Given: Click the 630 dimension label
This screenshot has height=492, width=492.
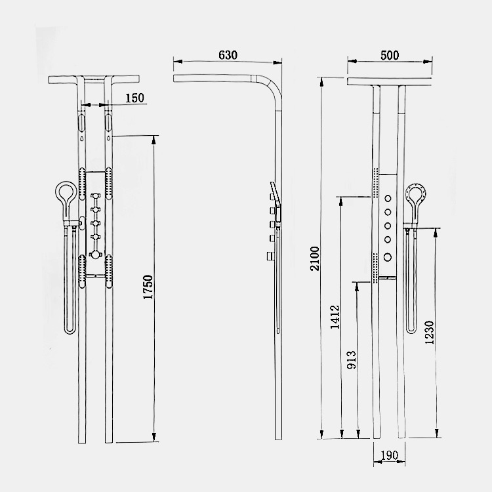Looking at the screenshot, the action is [228, 55].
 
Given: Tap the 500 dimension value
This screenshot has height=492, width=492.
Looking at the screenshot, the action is [390, 56].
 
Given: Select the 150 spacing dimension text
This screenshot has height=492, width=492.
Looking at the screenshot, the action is [134, 98].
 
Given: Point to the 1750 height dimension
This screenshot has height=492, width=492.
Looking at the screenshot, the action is [148, 287].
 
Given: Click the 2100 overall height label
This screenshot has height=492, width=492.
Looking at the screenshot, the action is [314, 258].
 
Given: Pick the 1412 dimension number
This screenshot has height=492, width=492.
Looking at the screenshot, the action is [335, 317].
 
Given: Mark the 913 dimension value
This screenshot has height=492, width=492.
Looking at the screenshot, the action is [352, 359].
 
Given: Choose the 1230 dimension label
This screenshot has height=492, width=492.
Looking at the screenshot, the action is [429, 333].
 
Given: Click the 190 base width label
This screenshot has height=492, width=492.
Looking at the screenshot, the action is [389, 455].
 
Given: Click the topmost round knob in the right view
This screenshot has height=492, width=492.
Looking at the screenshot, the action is [388, 198].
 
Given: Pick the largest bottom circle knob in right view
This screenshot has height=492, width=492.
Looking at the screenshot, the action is [388, 257].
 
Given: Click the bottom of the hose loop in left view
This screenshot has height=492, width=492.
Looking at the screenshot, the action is [70, 331].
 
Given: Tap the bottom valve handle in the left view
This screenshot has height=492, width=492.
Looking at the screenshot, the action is [95, 255].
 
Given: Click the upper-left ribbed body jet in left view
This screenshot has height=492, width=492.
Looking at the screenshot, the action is [82, 184].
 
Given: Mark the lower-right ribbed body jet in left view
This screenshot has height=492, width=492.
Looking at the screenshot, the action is [109, 272].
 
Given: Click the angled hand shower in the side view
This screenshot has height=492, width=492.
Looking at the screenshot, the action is [276, 201].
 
